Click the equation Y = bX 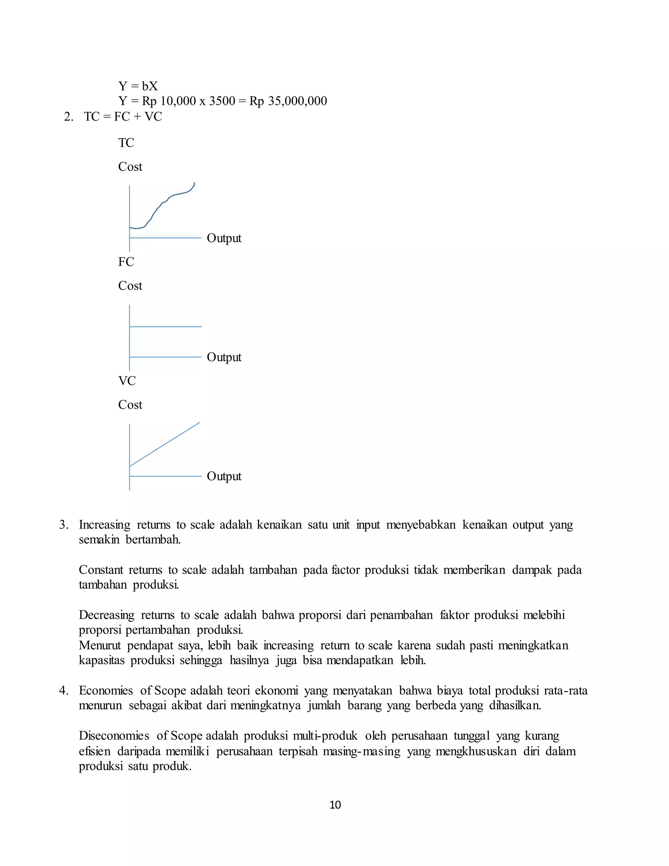pos(138,86)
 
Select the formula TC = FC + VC pos(123,117)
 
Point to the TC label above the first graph pos(126,143)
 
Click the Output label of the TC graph pos(224,238)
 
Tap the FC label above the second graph pos(126,262)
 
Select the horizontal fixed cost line pos(166,327)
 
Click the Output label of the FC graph pos(224,357)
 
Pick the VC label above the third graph pos(127,381)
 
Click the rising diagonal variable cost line pos(165,444)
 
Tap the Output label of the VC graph pos(224,476)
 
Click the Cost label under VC pos(130,405)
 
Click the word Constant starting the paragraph pos(101,570)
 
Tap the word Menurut pos(100,645)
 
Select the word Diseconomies pos(114,736)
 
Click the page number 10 pos(335,805)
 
